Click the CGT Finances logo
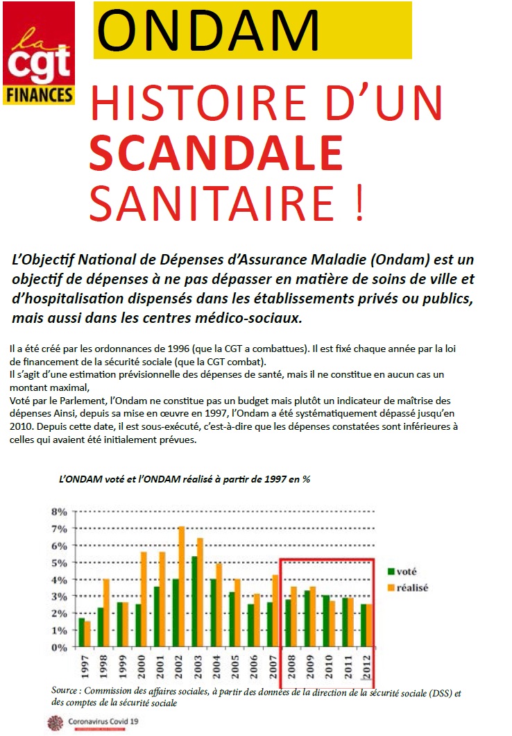[39, 53]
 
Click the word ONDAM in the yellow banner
[208, 30]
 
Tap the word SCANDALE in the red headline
[216, 153]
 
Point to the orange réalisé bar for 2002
[182, 587]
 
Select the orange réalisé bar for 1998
[106, 613]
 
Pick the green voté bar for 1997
[82, 633]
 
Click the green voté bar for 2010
[326, 621]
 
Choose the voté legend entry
[402, 571]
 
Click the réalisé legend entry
[408, 587]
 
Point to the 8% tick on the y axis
[60, 512]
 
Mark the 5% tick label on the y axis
[60, 563]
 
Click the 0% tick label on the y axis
[60, 648]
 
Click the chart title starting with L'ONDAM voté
[185, 479]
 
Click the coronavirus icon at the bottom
[56, 723]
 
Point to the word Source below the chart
[65, 690]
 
